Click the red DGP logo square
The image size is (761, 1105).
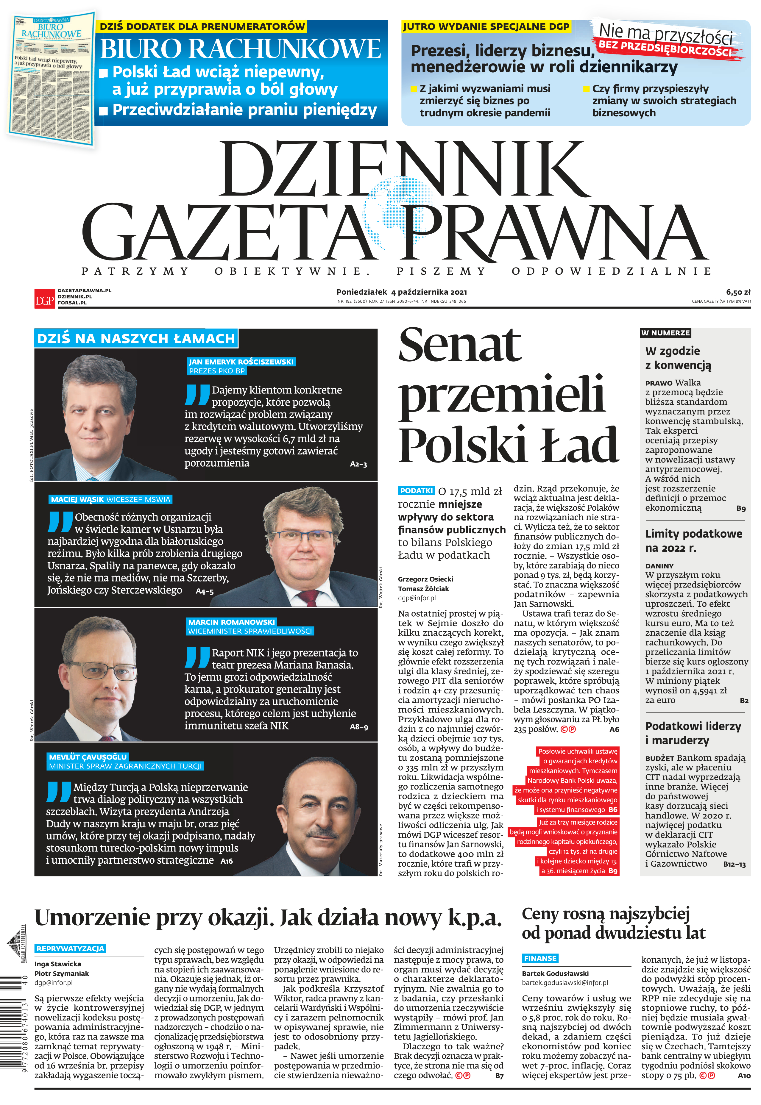click(44, 299)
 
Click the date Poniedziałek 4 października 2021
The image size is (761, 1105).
click(401, 292)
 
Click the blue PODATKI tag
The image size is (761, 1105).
click(416, 490)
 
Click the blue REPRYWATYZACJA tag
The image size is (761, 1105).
click(70, 948)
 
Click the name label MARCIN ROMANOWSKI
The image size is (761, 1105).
click(231, 622)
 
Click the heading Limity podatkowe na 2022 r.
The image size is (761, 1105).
click(693, 540)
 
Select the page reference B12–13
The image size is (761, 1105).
click(734, 864)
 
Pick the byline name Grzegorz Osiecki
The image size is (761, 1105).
click(425, 579)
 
